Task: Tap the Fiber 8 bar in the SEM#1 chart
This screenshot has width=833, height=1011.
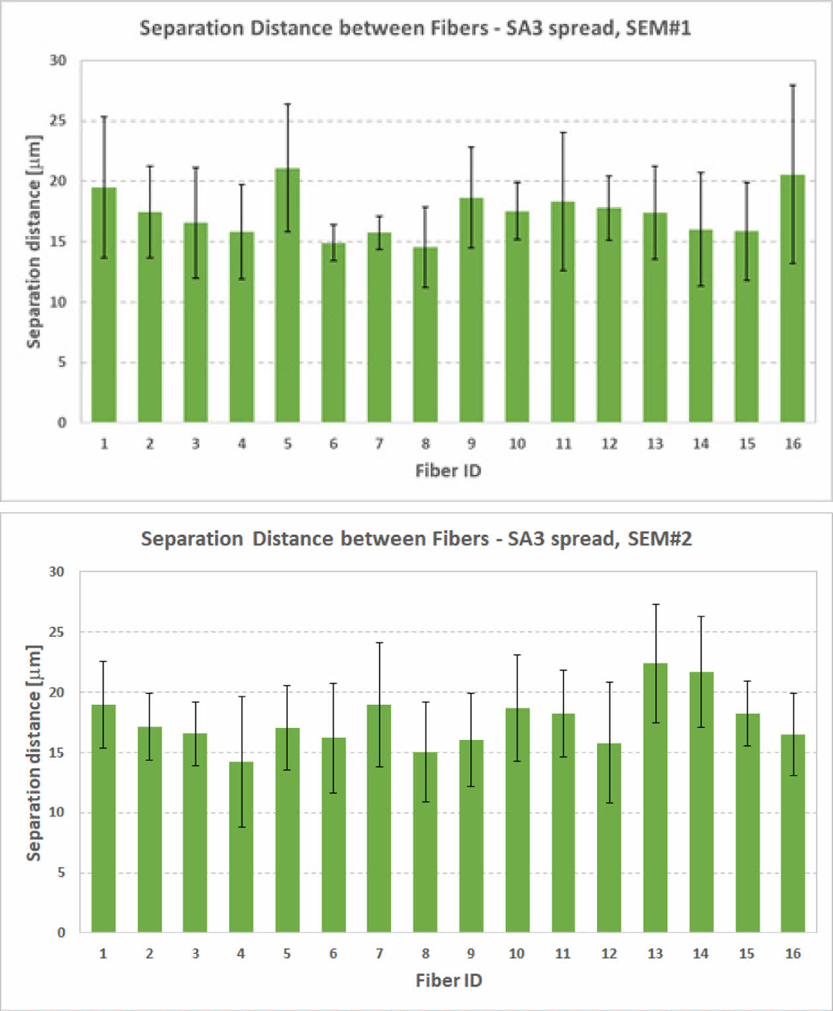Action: [x=425, y=337]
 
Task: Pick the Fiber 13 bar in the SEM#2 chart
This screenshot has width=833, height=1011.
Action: [x=655, y=800]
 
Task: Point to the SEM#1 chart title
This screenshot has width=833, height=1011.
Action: [x=415, y=28]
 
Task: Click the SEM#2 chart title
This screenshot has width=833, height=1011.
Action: [x=416, y=539]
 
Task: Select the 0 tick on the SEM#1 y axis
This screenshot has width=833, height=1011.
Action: [x=62, y=423]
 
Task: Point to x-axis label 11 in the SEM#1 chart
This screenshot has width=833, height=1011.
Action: [x=563, y=444]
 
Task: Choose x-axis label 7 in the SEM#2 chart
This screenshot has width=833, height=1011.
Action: [x=379, y=953]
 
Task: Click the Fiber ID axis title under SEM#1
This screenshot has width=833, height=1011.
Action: [x=448, y=471]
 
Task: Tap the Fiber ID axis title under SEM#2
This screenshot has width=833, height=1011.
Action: [x=448, y=981]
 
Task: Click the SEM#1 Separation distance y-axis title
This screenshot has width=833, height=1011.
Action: [x=34, y=241]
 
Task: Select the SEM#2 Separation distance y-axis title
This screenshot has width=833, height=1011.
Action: [x=34, y=752]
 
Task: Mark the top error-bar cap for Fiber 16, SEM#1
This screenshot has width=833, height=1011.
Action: [x=793, y=85]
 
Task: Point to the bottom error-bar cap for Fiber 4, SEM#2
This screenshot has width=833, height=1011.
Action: [x=241, y=827]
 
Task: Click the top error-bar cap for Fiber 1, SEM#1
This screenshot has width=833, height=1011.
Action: [x=104, y=117]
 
